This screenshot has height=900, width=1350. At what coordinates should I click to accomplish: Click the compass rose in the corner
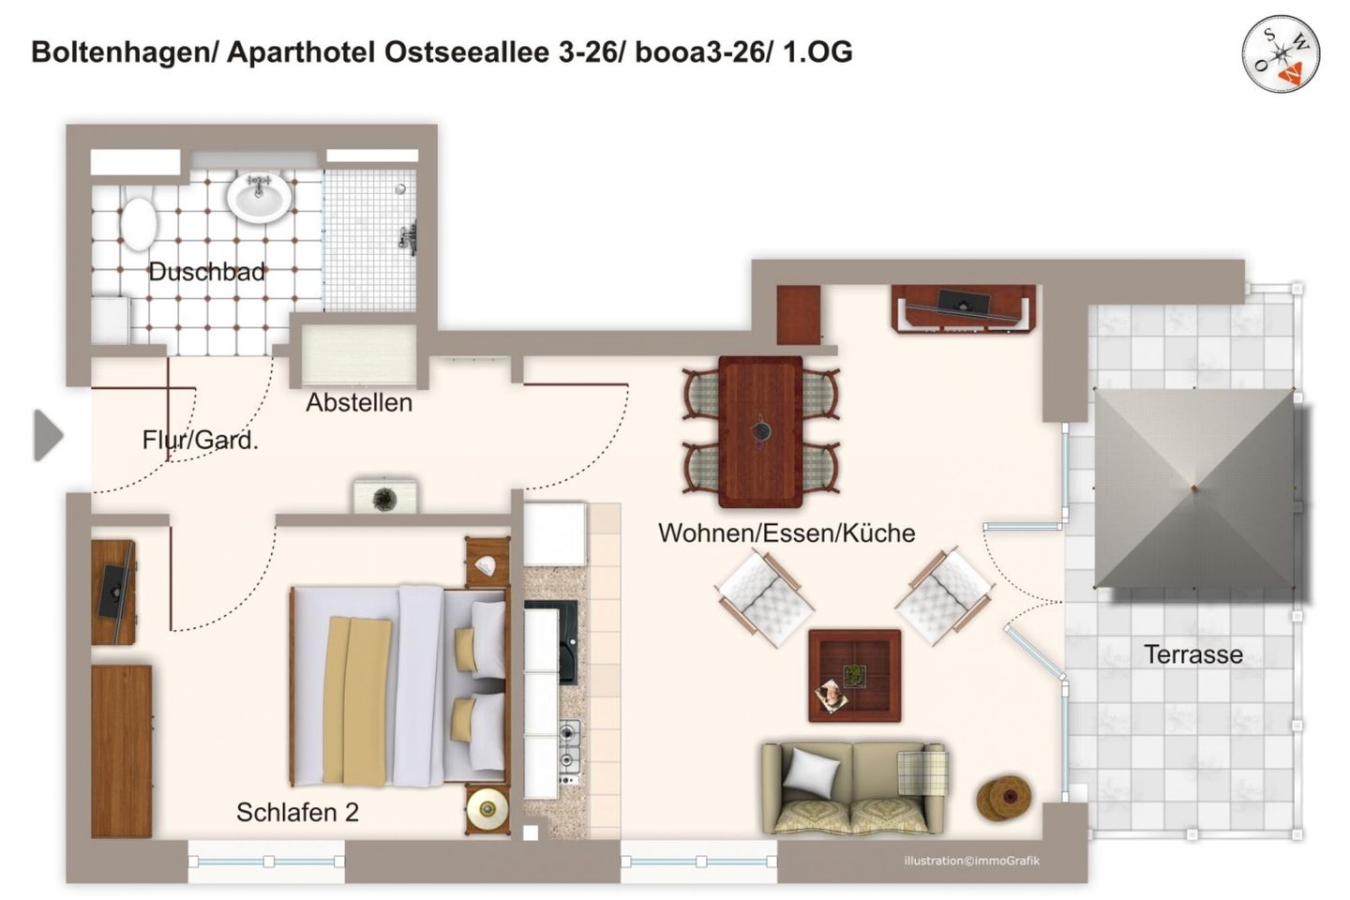click(1281, 53)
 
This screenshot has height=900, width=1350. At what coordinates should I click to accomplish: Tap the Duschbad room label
click(206, 273)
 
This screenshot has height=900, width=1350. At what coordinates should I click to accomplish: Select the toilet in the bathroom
click(139, 221)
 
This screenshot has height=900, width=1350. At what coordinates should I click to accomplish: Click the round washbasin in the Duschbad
click(258, 197)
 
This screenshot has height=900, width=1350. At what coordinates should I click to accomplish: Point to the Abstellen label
click(359, 403)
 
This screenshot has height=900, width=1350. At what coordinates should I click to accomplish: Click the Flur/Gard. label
click(200, 440)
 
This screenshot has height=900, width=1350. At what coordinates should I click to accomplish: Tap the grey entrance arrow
click(48, 435)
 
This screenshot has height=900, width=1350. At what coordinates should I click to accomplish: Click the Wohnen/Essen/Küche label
click(786, 533)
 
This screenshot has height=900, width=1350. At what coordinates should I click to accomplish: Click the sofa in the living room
click(853, 787)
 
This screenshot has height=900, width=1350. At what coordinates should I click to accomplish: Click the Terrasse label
click(1192, 654)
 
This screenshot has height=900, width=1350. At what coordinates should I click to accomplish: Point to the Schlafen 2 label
click(297, 812)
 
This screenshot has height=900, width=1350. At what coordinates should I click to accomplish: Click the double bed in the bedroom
click(398, 685)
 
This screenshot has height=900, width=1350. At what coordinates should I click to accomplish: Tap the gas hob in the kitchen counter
click(569, 753)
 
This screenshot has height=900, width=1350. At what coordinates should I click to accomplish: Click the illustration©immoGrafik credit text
click(971, 861)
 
